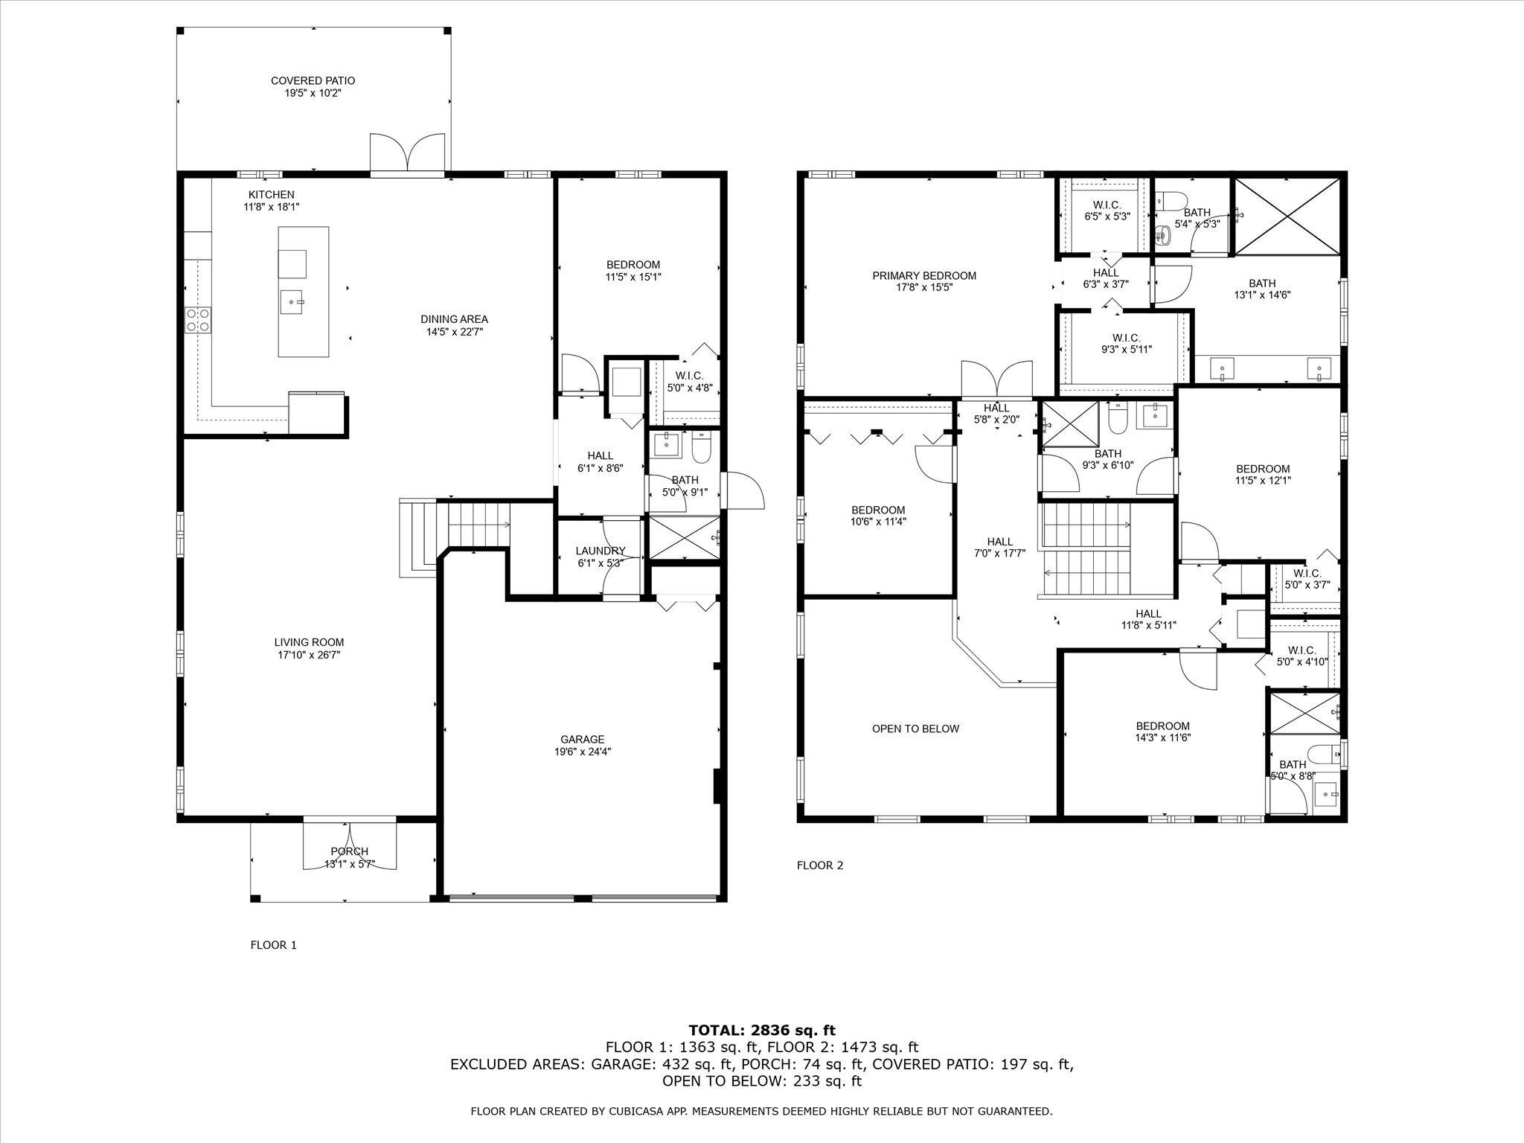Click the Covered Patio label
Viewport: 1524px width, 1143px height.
[x=313, y=80]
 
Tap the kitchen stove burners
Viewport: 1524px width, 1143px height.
[x=198, y=320]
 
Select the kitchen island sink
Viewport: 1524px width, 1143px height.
[x=292, y=302]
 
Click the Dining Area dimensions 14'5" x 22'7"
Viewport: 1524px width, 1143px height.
[x=454, y=332]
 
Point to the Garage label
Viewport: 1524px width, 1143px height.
[x=582, y=739]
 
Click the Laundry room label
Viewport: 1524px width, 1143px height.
[x=600, y=551]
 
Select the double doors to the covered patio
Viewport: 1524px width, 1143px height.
[x=407, y=155]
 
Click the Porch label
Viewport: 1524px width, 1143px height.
[x=349, y=851]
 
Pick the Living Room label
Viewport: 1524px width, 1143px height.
[x=309, y=642]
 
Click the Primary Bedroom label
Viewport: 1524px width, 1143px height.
[x=924, y=275]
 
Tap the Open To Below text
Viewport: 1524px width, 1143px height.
[x=915, y=729]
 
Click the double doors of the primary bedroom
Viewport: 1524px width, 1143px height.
[x=996, y=380]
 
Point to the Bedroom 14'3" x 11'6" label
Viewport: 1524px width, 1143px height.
[x=1162, y=726]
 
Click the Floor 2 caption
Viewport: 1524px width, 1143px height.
[x=820, y=865]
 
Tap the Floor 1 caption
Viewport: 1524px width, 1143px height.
[x=273, y=945]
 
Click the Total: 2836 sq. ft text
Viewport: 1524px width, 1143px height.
[x=762, y=1031]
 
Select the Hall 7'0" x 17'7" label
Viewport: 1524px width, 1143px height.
[x=999, y=542]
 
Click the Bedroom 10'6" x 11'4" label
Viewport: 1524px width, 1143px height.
[x=878, y=510]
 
